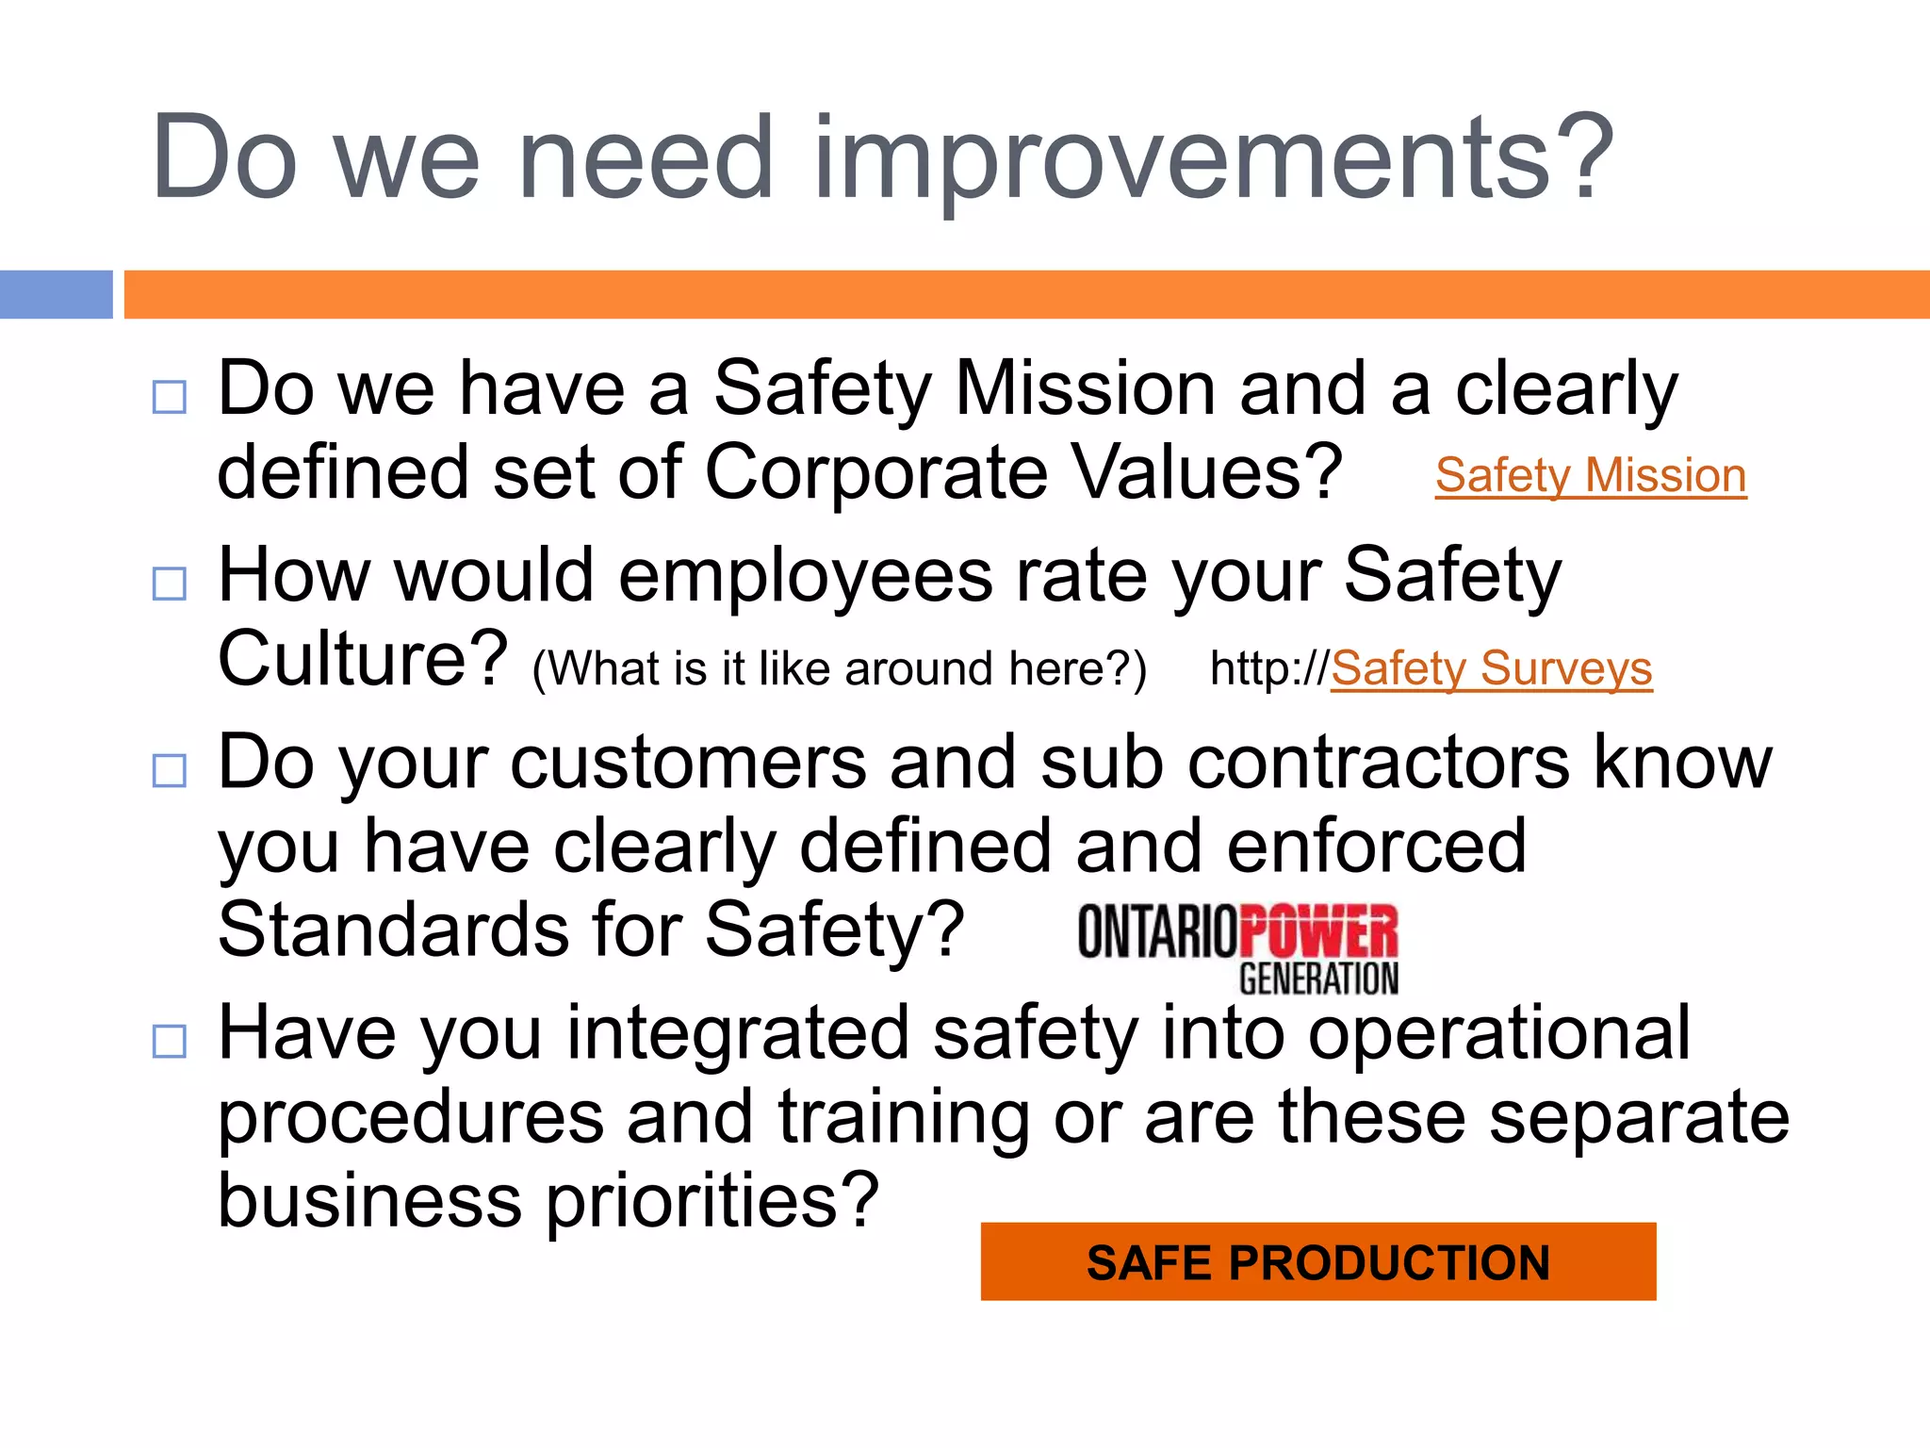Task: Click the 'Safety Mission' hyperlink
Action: click(1591, 475)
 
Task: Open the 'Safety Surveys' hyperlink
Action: click(1491, 668)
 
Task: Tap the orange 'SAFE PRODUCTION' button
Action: click(1317, 1261)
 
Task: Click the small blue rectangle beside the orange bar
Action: click(56, 294)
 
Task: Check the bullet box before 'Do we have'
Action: click(170, 397)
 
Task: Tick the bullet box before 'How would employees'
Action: click(170, 584)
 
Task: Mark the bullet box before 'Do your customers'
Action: click(170, 770)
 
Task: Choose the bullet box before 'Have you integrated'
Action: click(170, 1041)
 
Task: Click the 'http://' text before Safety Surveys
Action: click(1268, 668)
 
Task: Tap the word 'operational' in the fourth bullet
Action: click(1498, 1033)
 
